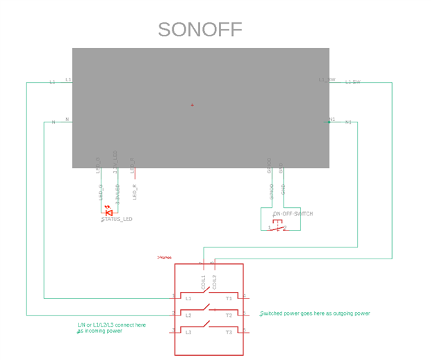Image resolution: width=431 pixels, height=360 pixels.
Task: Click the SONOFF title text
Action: click(x=200, y=30)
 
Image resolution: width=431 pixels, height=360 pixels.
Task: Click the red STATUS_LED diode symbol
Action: click(x=108, y=211)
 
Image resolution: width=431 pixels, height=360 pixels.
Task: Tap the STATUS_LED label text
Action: click(x=117, y=220)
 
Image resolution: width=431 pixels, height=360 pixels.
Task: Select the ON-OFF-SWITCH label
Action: click(x=293, y=214)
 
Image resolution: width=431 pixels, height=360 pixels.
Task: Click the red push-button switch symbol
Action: click(x=277, y=225)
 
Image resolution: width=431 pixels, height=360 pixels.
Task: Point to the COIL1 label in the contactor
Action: click(x=203, y=282)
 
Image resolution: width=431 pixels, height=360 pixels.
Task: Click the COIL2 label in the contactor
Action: click(x=214, y=282)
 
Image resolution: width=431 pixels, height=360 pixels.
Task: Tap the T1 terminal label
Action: click(x=229, y=297)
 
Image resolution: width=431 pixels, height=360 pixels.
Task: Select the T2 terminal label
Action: click(x=229, y=316)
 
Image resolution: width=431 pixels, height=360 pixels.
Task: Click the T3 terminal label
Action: click(x=229, y=333)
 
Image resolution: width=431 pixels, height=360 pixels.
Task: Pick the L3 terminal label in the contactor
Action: click(x=188, y=333)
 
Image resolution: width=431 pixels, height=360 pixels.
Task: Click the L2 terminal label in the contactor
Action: click(x=188, y=316)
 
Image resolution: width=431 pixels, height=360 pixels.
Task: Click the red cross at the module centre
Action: click(x=193, y=106)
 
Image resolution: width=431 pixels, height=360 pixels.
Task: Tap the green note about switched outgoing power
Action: click(x=315, y=313)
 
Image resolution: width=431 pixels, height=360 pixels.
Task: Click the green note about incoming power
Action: click(x=111, y=327)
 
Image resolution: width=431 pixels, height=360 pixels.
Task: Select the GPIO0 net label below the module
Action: click(x=272, y=193)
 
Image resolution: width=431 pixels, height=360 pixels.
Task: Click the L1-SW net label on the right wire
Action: click(x=353, y=83)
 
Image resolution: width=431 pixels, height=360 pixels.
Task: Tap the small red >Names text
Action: click(x=164, y=257)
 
